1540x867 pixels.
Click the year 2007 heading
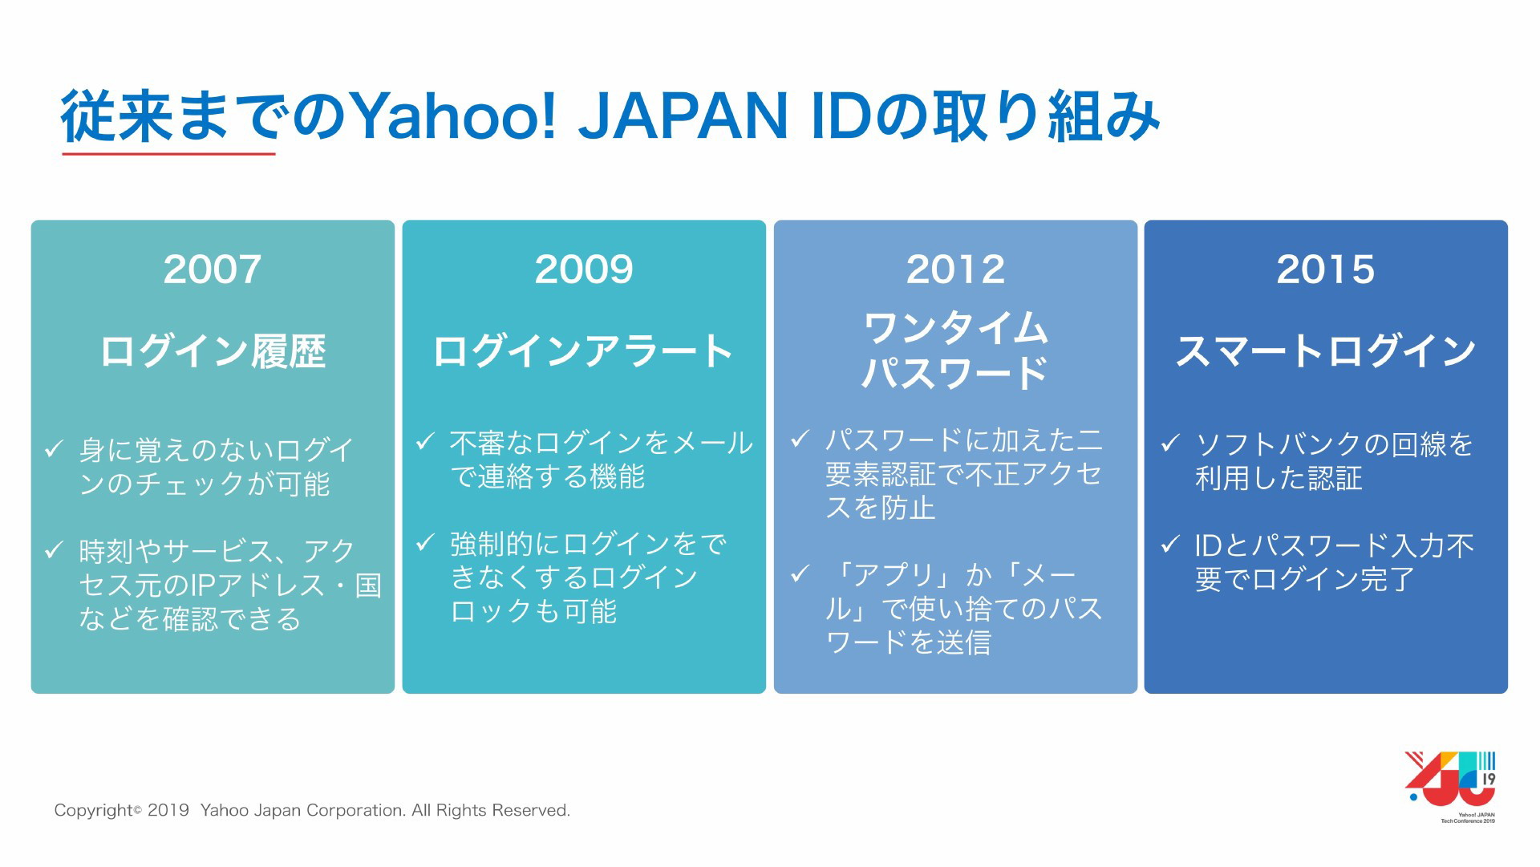click(x=213, y=269)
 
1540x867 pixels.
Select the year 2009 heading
click(x=584, y=269)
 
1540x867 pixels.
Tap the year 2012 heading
click(x=955, y=269)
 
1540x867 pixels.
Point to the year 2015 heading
click(x=1326, y=269)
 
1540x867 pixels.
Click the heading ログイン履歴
click(x=213, y=351)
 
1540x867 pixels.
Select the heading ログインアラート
click(x=583, y=351)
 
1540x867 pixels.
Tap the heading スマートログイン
click(x=1326, y=351)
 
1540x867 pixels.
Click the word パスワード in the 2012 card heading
click(x=955, y=373)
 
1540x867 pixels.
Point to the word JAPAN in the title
click(x=683, y=117)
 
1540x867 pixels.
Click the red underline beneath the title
click(x=168, y=153)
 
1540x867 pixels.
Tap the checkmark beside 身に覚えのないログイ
click(x=54, y=449)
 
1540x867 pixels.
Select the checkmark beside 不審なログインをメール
click(x=425, y=442)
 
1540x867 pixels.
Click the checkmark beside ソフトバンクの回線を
click(x=1170, y=443)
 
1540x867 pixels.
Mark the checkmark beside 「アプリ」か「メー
click(x=800, y=574)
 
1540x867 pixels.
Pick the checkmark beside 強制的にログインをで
click(x=425, y=544)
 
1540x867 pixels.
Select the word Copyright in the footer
click(x=93, y=811)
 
